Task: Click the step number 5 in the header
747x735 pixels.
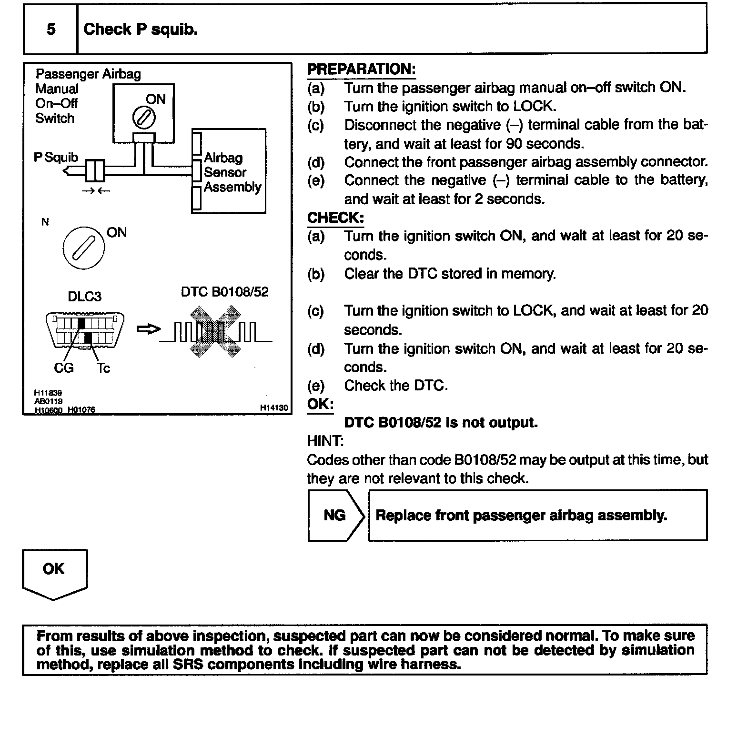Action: pyautogui.click(x=50, y=30)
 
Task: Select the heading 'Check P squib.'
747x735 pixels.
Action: pyautogui.click(x=141, y=30)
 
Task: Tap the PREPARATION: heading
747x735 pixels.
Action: pyautogui.click(x=361, y=69)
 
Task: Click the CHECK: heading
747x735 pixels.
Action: pyautogui.click(x=335, y=218)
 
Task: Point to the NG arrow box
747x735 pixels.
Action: pyautogui.click(x=335, y=516)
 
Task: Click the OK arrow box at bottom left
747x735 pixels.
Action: pyautogui.click(x=54, y=573)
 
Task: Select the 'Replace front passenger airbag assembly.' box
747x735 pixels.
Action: pyautogui.click(x=537, y=516)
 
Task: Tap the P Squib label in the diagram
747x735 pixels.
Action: pyautogui.click(x=56, y=158)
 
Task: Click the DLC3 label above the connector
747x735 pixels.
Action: pyautogui.click(x=84, y=297)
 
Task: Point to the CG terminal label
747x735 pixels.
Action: pyautogui.click(x=64, y=368)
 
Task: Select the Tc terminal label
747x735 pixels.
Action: pyautogui.click(x=103, y=368)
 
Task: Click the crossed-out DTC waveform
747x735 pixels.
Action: pyautogui.click(x=215, y=332)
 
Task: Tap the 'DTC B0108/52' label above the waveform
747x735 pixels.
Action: pyautogui.click(x=224, y=292)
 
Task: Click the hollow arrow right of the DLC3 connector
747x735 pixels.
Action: pyautogui.click(x=148, y=329)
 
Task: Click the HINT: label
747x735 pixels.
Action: pyautogui.click(x=325, y=441)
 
